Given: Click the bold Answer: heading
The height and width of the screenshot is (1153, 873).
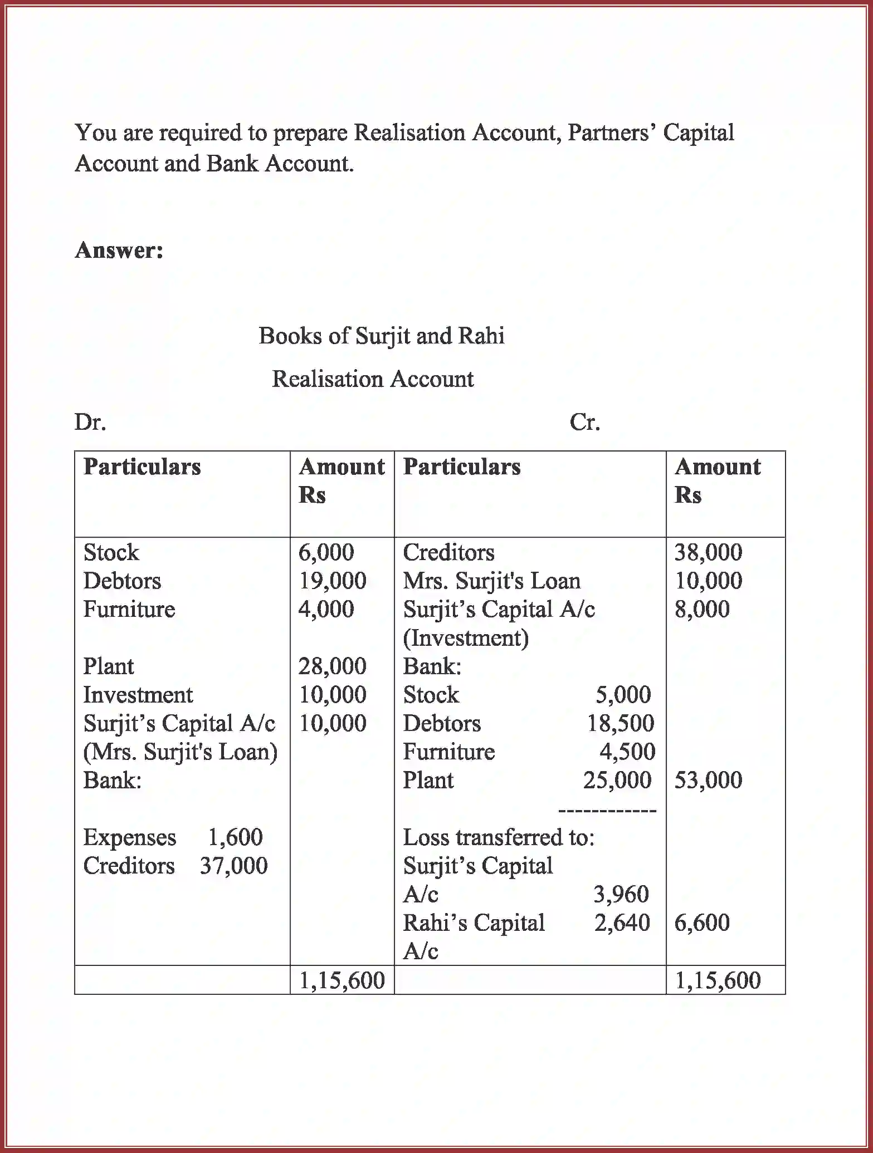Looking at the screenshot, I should pyautogui.click(x=119, y=251).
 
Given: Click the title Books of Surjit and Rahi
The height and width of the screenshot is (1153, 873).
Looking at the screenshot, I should pyautogui.click(x=381, y=336).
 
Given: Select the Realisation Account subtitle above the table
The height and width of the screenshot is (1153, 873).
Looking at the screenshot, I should pyautogui.click(x=372, y=379).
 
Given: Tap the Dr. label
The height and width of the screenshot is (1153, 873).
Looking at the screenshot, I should pyautogui.click(x=90, y=423).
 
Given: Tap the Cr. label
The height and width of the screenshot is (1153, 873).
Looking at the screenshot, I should pyautogui.click(x=584, y=423).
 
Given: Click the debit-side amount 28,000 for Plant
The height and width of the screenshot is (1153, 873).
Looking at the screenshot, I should pyautogui.click(x=332, y=666).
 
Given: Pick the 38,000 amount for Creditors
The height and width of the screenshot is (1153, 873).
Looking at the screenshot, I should pyautogui.click(x=708, y=553).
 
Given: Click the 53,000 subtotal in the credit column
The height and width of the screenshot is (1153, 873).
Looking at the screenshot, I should pyautogui.click(x=708, y=781).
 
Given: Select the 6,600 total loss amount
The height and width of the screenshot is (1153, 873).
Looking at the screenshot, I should pyautogui.click(x=702, y=923).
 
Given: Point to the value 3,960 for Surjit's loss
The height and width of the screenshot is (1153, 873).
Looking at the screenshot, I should pyautogui.click(x=621, y=895).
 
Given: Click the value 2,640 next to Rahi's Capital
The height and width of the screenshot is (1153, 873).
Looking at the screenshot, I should pyautogui.click(x=622, y=923).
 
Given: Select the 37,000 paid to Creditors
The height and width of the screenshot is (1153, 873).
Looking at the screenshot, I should pyautogui.click(x=233, y=866).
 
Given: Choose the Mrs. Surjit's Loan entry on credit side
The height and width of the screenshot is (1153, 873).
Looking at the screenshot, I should pyautogui.click(x=491, y=581).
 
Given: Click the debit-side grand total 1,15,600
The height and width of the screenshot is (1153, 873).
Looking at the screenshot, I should pyautogui.click(x=342, y=980).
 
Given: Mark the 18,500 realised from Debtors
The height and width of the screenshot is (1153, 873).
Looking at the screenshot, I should pyautogui.click(x=621, y=724).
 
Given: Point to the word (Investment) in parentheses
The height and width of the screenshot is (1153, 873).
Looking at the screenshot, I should pyautogui.click(x=466, y=638).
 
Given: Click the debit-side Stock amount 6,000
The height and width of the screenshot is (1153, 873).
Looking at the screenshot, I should pyautogui.click(x=326, y=553).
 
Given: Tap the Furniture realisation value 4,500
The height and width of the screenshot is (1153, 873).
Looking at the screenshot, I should pyautogui.click(x=627, y=752).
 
